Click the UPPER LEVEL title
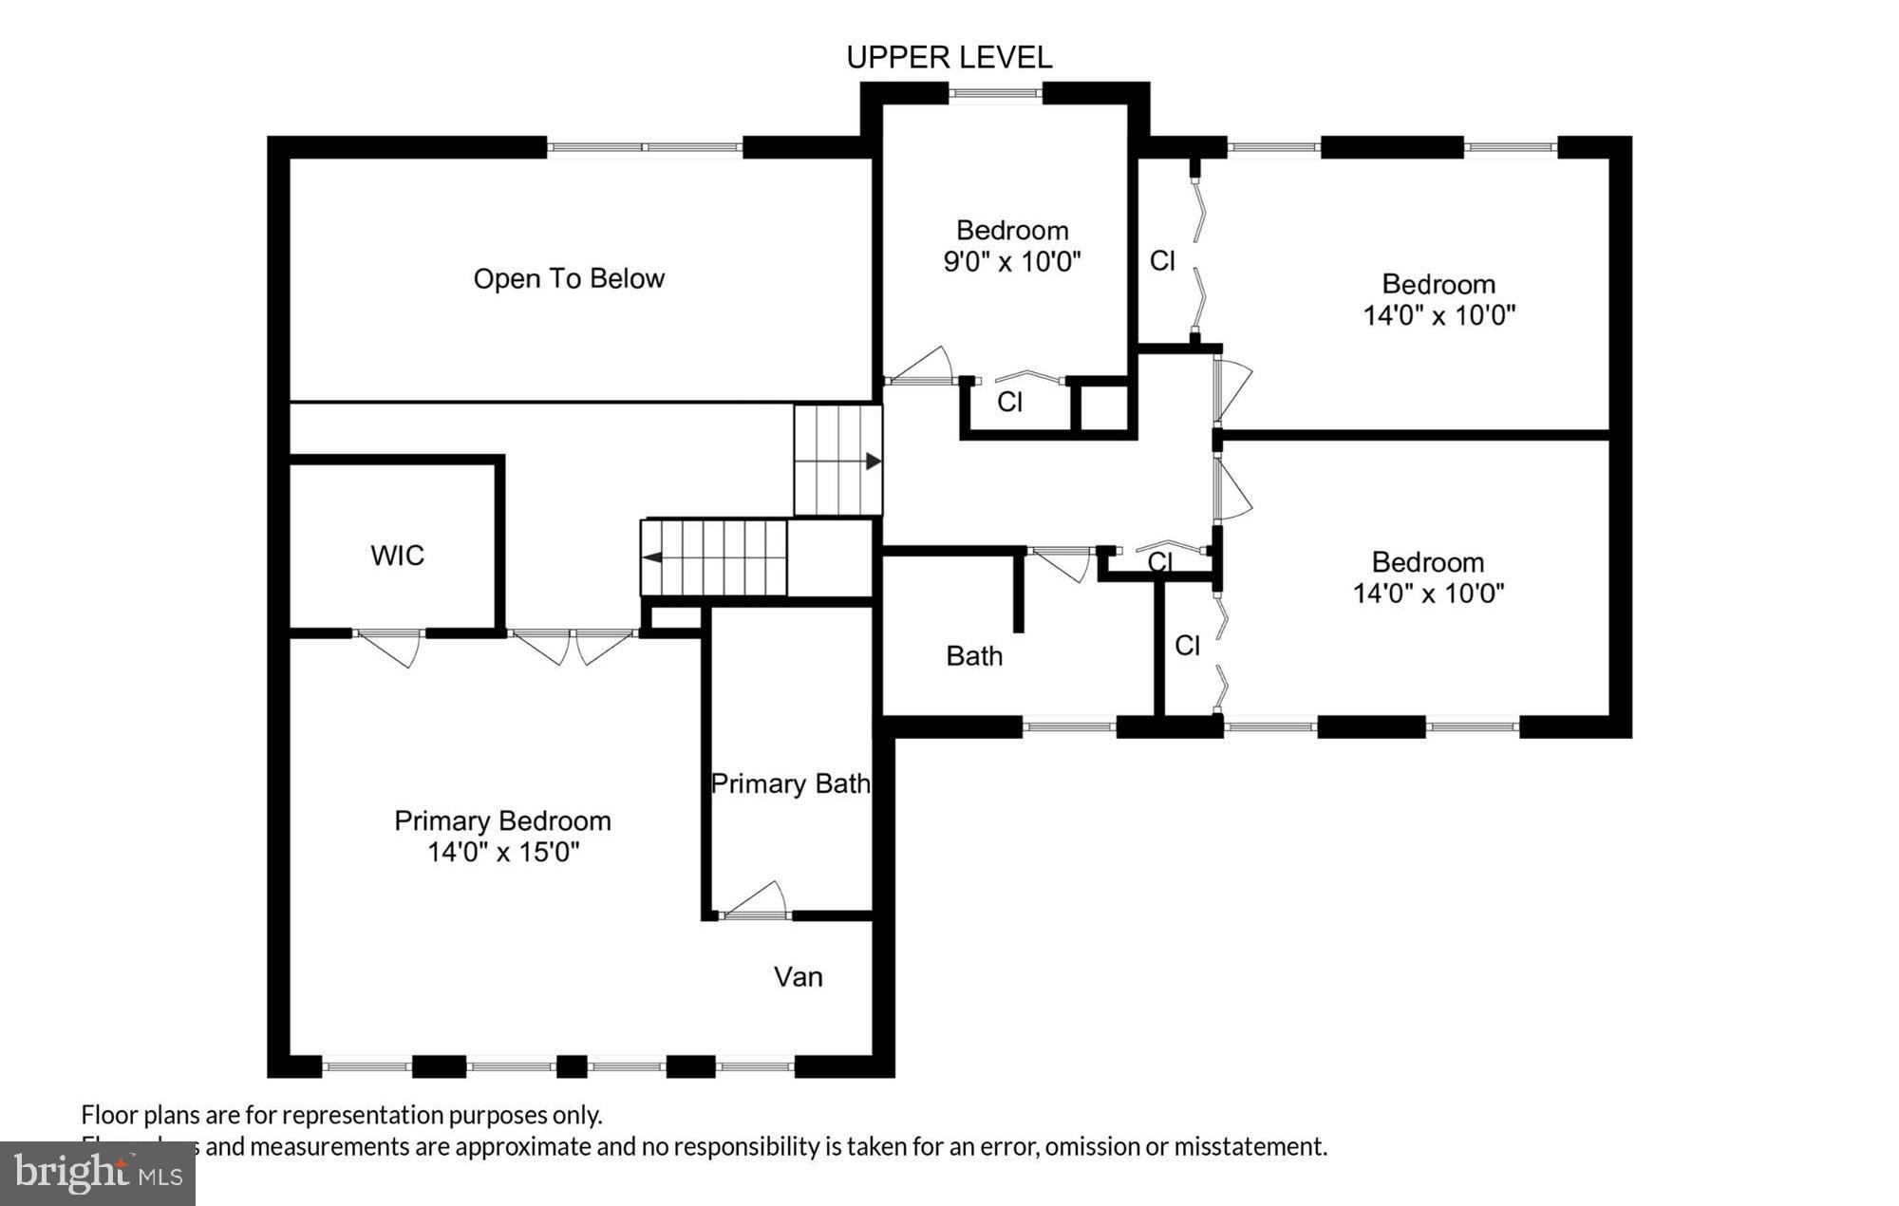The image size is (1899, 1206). (949, 58)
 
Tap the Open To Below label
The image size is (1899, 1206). (569, 279)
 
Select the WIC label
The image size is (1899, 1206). (397, 556)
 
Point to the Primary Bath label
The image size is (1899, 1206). (790, 784)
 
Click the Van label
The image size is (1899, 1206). (798, 977)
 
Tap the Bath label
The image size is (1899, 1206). (974, 656)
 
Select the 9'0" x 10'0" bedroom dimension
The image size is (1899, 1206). (1012, 262)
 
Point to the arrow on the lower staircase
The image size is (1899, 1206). (653, 556)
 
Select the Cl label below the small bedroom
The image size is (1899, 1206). (1009, 403)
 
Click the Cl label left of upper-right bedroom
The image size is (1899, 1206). (1162, 261)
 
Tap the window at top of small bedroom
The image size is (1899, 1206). (995, 93)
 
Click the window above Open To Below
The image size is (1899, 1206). (644, 147)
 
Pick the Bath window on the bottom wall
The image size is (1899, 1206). (1069, 727)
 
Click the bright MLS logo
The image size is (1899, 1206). (98, 1174)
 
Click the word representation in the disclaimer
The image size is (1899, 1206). (365, 1115)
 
